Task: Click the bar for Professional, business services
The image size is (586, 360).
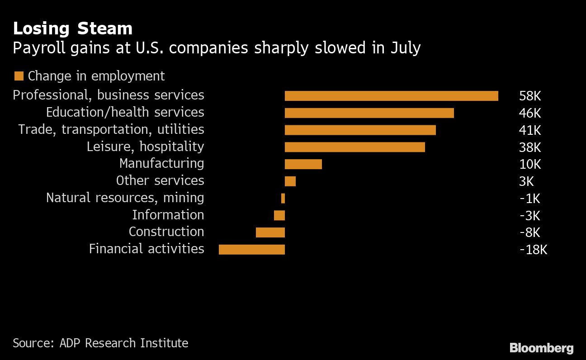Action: pyautogui.click(x=391, y=96)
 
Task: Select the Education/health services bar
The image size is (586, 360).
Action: pyautogui.click(x=369, y=113)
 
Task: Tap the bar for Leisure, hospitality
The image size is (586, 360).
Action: pyautogui.click(x=354, y=147)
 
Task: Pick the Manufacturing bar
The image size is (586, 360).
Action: pyautogui.click(x=303, y=164)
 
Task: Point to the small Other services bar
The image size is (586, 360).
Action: pyautogui.click(x=290, y=181)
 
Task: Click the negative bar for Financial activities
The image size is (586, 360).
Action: pyautogui.click(x=252, y=250)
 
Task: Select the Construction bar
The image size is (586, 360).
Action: pyautogui.click(x=270, y=232)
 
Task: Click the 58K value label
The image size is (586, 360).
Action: pyautogui.click(x=530, y=96)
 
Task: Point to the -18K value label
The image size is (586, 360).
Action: pyautogui.click(x=533, y=250)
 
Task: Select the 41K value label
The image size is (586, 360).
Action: pyautogui.click(x=530, y=130)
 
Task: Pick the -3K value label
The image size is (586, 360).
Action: pyautogui.click(x=530, y=216)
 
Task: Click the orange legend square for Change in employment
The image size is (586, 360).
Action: pyautogui.click(x=19, y=76)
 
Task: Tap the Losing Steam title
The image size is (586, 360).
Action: pyautogui.click(x=72, y=29)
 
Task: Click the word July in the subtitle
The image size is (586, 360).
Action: pyautogui.click(x=405, y=48)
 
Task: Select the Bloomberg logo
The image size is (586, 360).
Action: pyautogui.click(x=541, y=348)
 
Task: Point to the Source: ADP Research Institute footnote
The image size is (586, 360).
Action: pyautogui.click(x=100, y=343)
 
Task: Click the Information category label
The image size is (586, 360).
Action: pyautogui.click(x=168, y=215)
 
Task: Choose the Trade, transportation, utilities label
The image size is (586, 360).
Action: pyautogui.click(x=111, y=130)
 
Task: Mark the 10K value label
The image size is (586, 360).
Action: pyautogui.click(x=530, y=164)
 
